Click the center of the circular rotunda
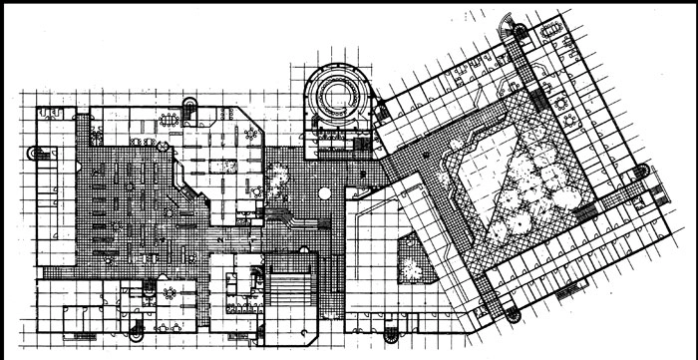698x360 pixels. (x=336, y=97)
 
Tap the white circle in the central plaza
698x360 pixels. (x=324, y=192)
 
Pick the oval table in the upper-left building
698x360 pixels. (x=171, y=119)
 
